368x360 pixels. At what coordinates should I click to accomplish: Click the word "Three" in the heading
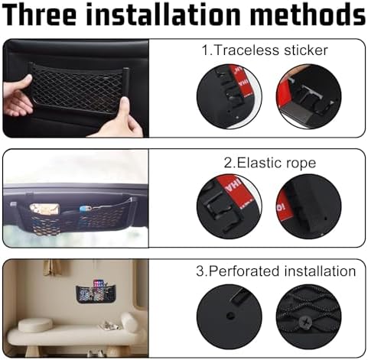(x=41, y=15)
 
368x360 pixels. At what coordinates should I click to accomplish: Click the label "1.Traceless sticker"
(x=265, y=50)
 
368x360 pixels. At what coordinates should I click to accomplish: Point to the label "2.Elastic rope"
(x=270, y=163)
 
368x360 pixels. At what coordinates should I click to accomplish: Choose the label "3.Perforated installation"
(x=276, y=271)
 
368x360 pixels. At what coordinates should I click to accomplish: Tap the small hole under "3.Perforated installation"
(x=230, y=316)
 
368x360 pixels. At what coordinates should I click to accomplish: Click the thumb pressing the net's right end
(x=125, y=105)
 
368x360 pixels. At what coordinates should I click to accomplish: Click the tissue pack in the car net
(x=44, y=209)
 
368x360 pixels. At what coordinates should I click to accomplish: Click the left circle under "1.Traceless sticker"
(x=230, y=96)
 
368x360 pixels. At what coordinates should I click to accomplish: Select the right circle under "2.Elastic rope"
(x=308, y=206)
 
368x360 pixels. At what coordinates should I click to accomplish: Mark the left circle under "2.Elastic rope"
(x=230, y=206)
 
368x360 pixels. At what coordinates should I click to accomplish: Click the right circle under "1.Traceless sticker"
(x=308, y=96)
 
